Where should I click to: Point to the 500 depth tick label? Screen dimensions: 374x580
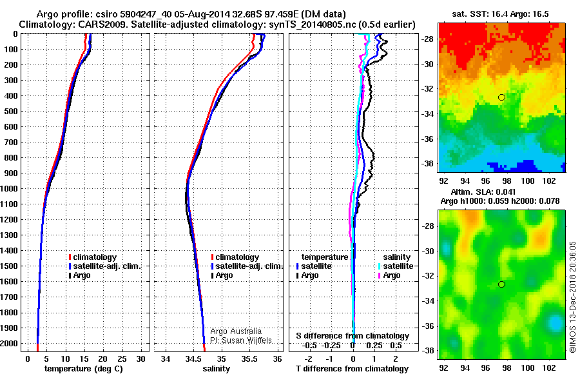point(9,112)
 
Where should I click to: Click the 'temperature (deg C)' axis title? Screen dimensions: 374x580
point(82,368)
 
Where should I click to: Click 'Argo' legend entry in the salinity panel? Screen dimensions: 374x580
point(224,275)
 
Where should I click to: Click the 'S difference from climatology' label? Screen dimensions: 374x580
point(352,336)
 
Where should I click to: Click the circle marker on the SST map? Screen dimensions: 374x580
point(502,97)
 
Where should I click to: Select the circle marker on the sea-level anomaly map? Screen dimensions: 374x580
point(502,284)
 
